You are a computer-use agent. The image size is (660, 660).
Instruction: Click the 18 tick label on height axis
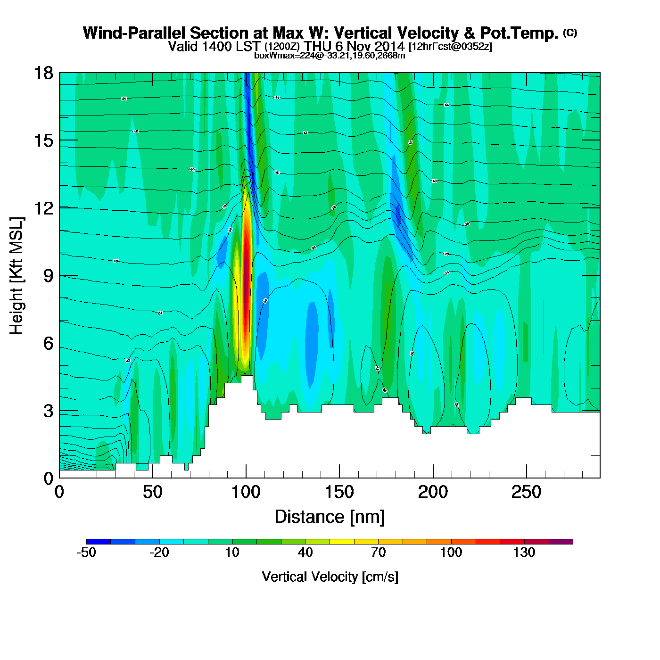click(43, 73)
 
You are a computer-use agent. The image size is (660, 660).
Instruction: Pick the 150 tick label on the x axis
click(339, 493)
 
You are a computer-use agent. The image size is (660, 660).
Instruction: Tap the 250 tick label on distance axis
click(526, 493)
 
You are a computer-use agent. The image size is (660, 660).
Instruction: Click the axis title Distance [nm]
click(330, 517)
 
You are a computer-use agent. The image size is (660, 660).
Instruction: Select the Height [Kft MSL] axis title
click(16, 276)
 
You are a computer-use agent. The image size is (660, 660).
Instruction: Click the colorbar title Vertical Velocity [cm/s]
click(330, 577)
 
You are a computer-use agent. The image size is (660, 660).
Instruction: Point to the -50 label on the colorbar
click(86, 553)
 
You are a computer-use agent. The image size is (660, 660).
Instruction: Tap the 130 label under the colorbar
click(524, 553)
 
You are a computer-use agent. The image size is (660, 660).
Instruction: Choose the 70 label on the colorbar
click(378, 553)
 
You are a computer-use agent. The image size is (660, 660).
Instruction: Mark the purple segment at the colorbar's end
click(561, 542)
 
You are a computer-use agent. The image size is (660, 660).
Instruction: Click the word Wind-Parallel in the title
click(134, 33)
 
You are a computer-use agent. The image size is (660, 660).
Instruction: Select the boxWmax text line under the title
click(330, 55)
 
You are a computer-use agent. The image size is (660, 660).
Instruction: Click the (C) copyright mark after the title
click(569, 33)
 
